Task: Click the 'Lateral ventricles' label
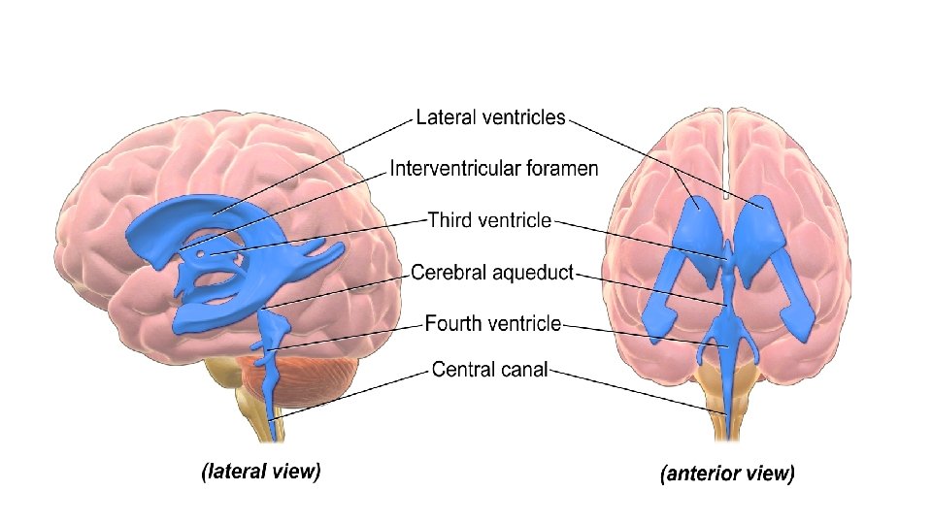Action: coord(490,117)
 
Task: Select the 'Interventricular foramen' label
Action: coord(494,169)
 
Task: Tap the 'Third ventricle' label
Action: coord(489,220)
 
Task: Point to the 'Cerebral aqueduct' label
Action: coord(492,273)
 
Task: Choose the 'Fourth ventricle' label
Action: coord(493,323)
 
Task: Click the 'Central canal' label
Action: coord(489,369)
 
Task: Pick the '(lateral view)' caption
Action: coord(260,473)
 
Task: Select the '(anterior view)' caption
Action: coord(727,475)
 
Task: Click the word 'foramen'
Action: coord(563,169)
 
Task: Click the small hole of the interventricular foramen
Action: coord(201,255)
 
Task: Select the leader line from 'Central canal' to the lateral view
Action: coord(359,391)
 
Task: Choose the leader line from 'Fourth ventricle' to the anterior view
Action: coord(641,334)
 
